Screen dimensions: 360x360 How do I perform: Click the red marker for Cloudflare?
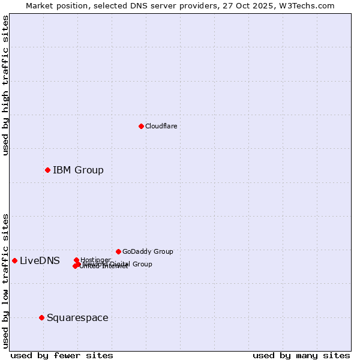pyautogui.click(x=141, y=126)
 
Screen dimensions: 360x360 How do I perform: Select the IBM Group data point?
pyautogui.click(x=47, y=170)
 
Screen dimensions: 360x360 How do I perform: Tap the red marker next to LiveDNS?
pyautogui.click(x=14, y=260)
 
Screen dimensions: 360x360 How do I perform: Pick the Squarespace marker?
pyautogui.click(x=41, y=317)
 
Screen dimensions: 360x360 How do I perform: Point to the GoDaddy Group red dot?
pyautogui.click(x=118, y=251)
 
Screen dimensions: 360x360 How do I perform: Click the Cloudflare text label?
pyautogui.click(x=161, y=126)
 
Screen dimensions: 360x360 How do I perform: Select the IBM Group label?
pyautogui.click(x=78, y=170)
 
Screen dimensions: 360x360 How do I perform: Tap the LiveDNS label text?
pyautogui.click(x=40, y=260)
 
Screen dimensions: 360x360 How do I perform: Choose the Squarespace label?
pyautogui.click(x=77, y=317)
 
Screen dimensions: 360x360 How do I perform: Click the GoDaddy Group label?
pyautogui.click(x=148, y=251)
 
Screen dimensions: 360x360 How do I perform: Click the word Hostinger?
pyautogui.click(x=95, y=260)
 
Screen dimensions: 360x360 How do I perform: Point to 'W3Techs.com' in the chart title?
pyautogui.click(x=310, y=5)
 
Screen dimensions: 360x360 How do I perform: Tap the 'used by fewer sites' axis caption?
pyautogui.click(x=62, y=355)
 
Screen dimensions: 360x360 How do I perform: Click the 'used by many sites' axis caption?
pyautogui.click(x=301, y=355)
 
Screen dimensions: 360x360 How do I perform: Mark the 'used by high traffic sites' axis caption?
pyautogui.click(x=5, y=85)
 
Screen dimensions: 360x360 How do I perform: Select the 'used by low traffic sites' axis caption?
pyautogui.click(x=5, y=281)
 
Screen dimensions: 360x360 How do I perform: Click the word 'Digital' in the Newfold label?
pyautogui.click(x=118, y=264)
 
